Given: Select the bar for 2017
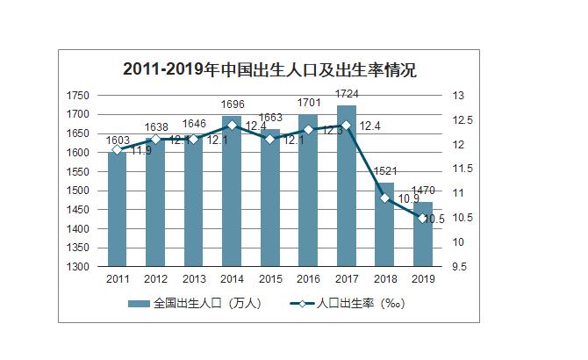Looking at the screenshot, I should (347, 189).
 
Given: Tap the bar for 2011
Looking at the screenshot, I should (118, 211).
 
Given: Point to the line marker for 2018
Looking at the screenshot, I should (385, 198).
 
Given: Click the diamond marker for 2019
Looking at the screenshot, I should (423, 218).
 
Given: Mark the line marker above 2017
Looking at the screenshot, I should (347, 126).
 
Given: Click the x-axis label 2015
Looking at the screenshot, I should (270, 278).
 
